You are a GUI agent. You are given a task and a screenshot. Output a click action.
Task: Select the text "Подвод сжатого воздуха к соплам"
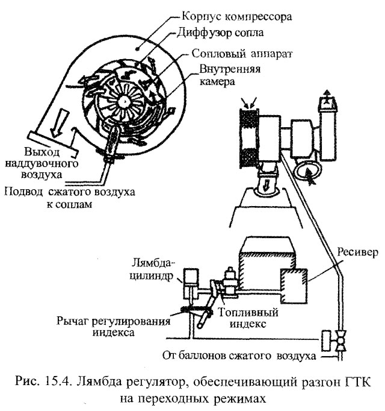coord(69,198)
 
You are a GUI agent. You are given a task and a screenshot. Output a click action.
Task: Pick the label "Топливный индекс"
coord(249,318)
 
